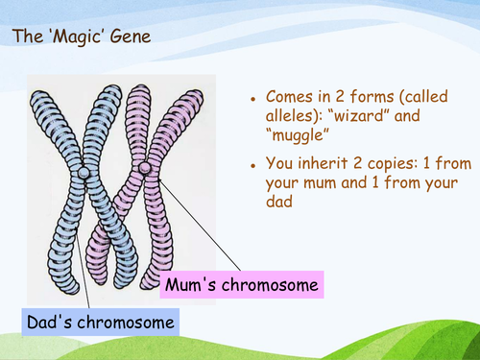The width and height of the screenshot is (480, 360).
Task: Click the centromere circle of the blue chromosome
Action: click(x=85, y=173)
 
